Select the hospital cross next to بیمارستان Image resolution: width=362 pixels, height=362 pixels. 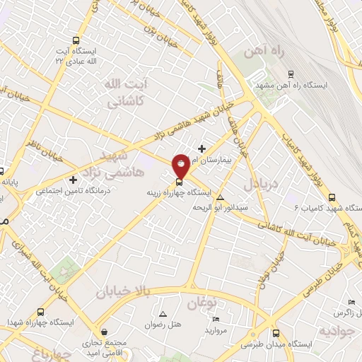(203, 148)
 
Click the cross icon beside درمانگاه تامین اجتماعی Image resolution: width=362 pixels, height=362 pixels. (73, 180)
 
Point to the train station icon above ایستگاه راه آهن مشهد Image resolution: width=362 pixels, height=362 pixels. (291, 74)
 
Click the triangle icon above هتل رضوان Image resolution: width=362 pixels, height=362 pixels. (163, 313)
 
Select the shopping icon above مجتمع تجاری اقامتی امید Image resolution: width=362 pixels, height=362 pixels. (105, 332)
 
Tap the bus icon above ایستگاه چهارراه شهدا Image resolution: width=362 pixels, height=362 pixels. (41, 312)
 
